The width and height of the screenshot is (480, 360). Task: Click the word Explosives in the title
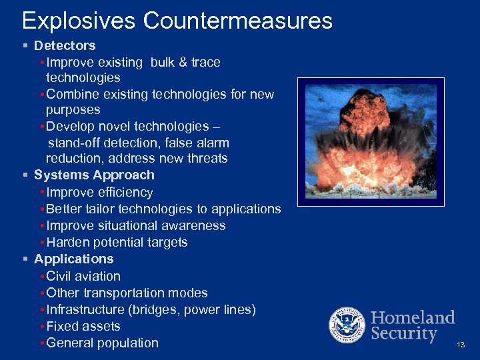(79, 21)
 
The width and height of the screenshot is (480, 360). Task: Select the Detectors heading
(65, 46)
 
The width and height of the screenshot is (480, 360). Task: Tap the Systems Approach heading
(94, 175)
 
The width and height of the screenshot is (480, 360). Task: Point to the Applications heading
(74, 259)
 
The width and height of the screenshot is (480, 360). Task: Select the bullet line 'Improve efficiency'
(100, 193)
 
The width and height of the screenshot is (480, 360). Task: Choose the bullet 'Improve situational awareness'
(136, 226)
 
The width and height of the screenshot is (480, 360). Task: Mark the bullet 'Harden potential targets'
(117, 243)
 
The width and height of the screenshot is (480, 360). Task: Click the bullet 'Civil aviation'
(84, 277)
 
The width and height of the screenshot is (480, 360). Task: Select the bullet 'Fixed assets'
(84, 327)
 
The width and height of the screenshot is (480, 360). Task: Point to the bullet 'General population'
(103, 343)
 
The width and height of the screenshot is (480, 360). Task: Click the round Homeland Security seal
(347, 326)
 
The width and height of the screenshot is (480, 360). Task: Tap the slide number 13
(461, 345)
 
